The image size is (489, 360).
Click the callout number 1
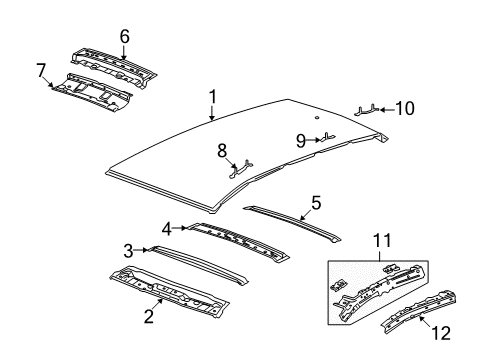click(x=211, y=96)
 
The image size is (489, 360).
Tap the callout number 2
click(x=147, y=317)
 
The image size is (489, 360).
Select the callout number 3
click(x=128, y=250)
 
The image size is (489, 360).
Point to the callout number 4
click(x=169, y=228)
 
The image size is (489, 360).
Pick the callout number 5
click(x=316, y=202)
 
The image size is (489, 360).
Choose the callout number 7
click(x=41, y=69)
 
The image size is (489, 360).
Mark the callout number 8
click(x=223, y=151)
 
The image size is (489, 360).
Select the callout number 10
click(x=404, y=106)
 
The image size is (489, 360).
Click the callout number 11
click(x=380, y=239)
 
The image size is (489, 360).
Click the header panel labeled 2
click(x=175, y=289)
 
